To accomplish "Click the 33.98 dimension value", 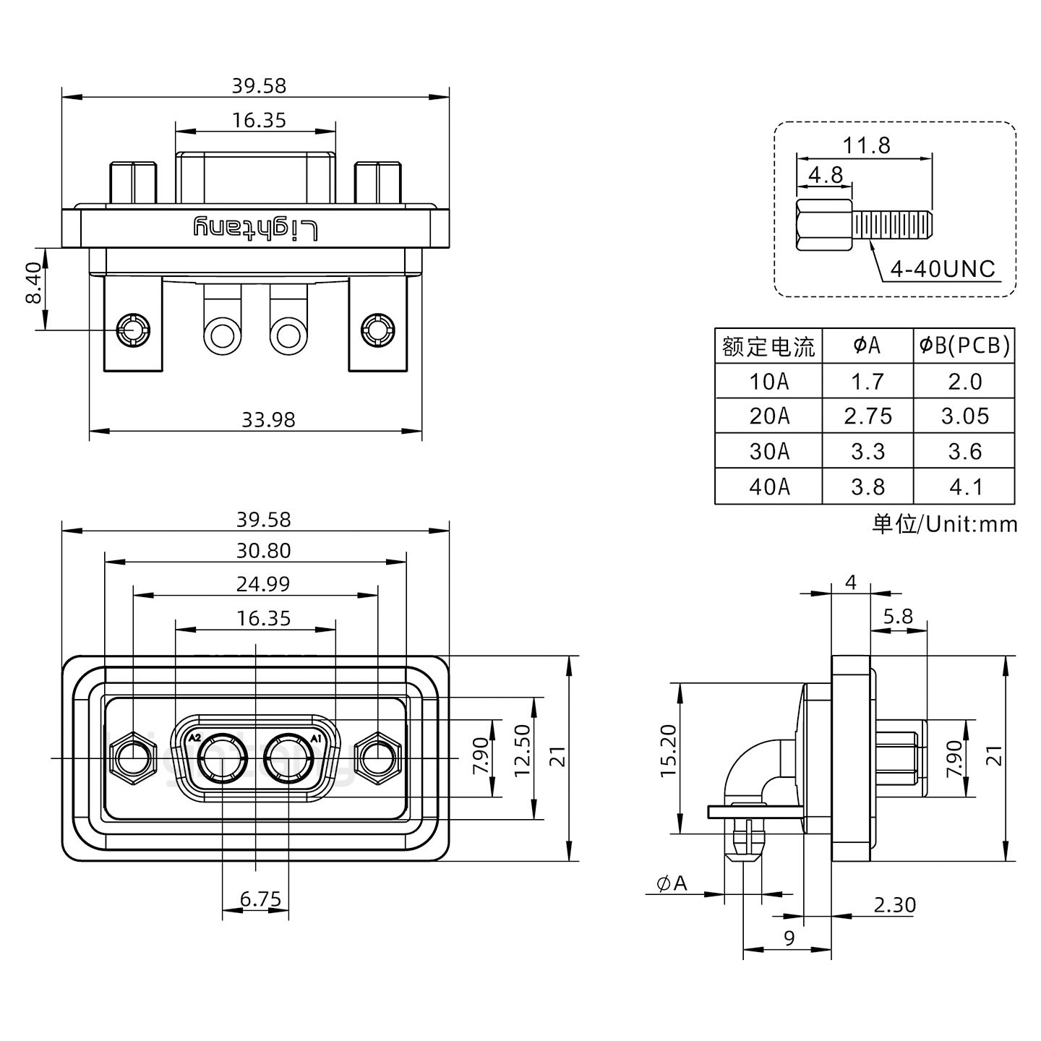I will coord(268,419).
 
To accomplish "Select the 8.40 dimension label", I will coord(33,283).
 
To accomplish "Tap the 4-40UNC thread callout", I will coord(943,270).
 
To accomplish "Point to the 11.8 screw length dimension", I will coord(866,146).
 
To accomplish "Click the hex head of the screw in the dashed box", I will coord(825,226).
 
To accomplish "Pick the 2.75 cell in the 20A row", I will coord(867,416).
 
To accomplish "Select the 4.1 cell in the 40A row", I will coord(965,487).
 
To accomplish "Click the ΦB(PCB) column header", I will coord(964,346).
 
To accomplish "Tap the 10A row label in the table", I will coord(768,381).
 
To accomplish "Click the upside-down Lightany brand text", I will coord(255,228).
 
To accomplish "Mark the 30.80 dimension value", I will coord(263,551).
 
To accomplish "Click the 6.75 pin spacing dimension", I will coord(260,899).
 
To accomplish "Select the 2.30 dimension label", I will coord(894,905).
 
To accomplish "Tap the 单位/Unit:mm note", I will coord(944,524).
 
